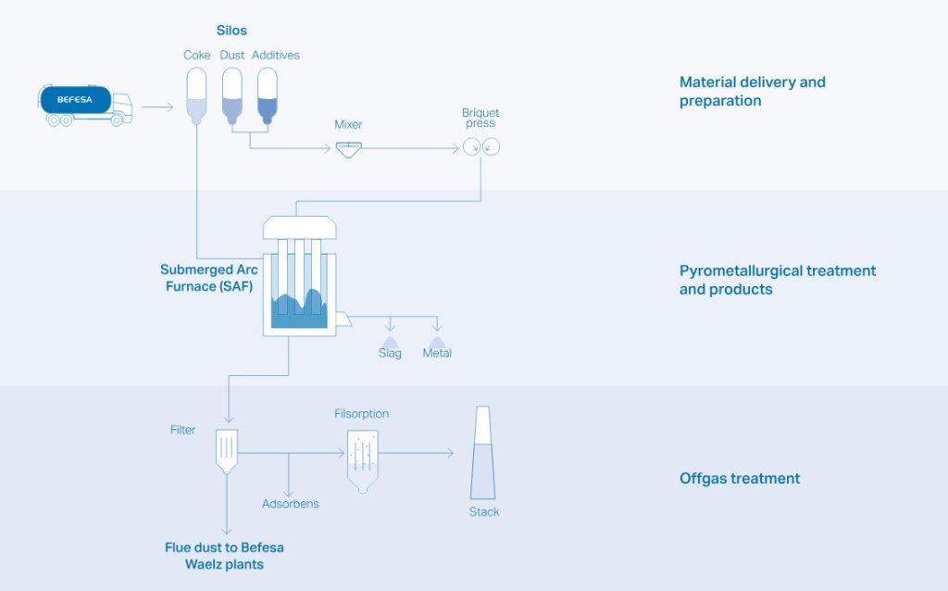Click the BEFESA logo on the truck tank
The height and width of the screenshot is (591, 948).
tap(74, 100)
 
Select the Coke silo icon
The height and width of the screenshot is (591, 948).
tap(196, 95)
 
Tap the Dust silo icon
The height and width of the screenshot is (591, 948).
tap(232, 95)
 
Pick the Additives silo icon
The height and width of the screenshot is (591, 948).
tap(268, 95)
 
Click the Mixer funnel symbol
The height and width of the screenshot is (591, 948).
tap(349, 149)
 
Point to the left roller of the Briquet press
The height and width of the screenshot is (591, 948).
tap(471, 146)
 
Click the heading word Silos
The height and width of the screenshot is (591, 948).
tap(231, 31)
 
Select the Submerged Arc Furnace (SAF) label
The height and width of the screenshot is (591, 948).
tap(209, 278)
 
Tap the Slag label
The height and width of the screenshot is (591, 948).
tap(390, 353)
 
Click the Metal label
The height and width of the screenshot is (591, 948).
tap(437, 353)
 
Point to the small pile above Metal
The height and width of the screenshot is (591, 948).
tap(437, 343)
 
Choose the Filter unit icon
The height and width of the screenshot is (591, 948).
tap(227, 451)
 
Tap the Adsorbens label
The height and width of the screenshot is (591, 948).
tap(290, 504)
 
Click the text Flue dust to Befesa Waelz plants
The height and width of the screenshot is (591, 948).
tap(224, 556)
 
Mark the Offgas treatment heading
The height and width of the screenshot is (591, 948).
tap(740, 479)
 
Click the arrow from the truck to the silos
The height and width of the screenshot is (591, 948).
tap(157, 107)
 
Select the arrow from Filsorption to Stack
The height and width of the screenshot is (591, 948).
tap(416, 452)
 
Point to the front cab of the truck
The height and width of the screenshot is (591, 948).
tap(121, 107)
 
